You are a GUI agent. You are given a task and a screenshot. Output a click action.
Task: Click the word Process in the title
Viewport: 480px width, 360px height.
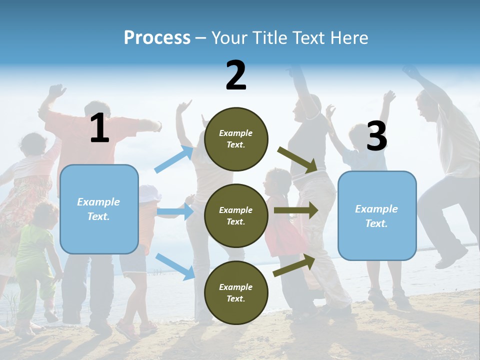click(157, 37)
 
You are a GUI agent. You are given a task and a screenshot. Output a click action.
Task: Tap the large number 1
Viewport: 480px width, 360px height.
click(99, 128)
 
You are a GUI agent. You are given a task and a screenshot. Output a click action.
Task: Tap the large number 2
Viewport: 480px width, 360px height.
click(236, 75)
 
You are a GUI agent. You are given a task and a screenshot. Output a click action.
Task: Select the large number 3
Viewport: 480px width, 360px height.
click(376, 136)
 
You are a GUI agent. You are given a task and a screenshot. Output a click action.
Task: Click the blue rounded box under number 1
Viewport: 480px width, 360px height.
click(99, 209)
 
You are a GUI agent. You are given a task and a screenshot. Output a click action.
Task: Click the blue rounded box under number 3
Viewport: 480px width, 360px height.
click(377, 215)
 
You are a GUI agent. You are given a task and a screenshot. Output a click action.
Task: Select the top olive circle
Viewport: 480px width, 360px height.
click(236, 139)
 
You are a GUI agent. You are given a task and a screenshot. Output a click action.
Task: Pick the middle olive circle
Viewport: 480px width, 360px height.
click(236, 215)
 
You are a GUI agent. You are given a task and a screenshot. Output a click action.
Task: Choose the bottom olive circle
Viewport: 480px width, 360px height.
click(236, 292)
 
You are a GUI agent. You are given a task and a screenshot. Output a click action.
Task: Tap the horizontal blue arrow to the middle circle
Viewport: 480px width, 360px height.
click(175, 211)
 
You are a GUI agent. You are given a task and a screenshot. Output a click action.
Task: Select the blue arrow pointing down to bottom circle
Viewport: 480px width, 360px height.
click(175, 266)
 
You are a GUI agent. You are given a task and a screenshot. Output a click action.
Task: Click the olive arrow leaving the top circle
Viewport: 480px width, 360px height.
click(297, 159)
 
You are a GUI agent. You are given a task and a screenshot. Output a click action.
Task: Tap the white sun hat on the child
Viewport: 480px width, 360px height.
click(148, 193)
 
